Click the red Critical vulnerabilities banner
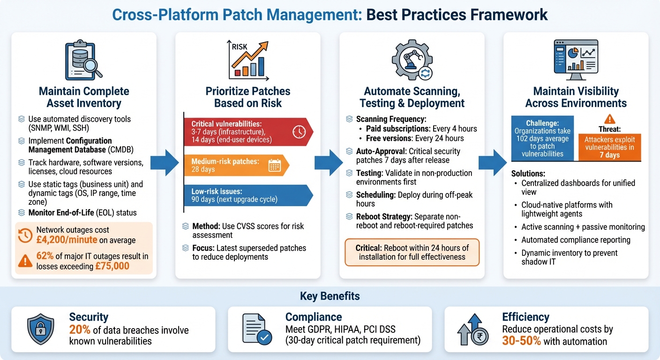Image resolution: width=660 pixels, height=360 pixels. [x=244, y=132]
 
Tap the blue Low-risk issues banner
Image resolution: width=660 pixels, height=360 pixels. [x=244, y=195]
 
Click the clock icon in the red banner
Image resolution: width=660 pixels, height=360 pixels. [x=299, y=132]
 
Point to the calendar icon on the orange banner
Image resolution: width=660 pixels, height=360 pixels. [x=274, y=165]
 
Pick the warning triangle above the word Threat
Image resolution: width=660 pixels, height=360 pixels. [x=610, y=119]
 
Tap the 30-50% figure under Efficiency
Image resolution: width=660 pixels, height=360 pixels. [x=521, y=341]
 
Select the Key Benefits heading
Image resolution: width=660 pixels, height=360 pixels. [x=330, y=296]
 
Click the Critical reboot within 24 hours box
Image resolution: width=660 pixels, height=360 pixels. [x=412, y=252]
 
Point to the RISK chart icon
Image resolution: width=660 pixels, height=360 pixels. [x=248, y=59]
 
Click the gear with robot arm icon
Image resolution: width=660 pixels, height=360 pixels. [x=412, y=60]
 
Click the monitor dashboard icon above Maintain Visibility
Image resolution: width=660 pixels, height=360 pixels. [x=576, y=60]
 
